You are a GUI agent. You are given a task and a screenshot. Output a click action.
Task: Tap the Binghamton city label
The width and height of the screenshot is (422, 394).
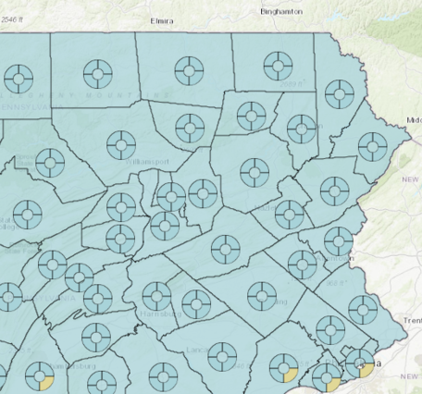pos(256,11)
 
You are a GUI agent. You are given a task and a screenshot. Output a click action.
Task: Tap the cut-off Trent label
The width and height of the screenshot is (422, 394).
pos(411,320)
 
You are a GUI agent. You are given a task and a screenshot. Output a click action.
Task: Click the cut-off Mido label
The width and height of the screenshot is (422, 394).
pos(413,120)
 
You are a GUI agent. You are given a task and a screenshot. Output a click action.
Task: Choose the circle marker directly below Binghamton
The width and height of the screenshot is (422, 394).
pos(276,65)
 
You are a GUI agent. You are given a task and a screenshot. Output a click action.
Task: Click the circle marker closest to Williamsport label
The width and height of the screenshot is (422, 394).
pos(120,144)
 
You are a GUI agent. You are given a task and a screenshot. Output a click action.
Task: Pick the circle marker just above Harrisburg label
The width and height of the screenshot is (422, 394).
pos(157,296)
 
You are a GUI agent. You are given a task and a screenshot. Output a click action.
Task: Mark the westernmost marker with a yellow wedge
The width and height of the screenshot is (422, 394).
pos(40,376)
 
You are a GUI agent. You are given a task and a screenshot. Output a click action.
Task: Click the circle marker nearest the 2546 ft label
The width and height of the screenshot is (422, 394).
pos(19,76)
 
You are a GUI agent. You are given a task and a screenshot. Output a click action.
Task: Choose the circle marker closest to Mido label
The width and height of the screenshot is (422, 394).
pos(372,144)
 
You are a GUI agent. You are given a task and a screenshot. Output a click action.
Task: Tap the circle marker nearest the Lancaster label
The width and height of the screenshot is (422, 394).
pos(221,355)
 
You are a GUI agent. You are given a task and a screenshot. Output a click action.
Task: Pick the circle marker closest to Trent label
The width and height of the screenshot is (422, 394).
pos(329,328)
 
